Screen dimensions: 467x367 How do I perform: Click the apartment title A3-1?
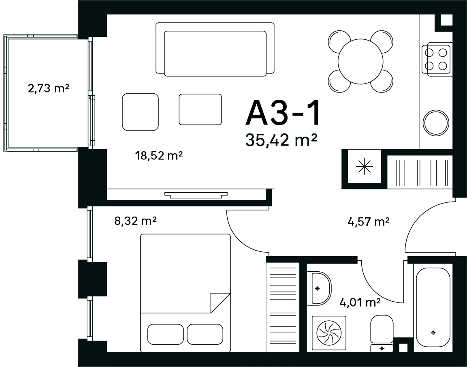282,113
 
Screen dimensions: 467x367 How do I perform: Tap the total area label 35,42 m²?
281,140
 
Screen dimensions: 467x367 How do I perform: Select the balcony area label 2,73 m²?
49,88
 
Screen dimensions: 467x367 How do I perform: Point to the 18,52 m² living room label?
158,155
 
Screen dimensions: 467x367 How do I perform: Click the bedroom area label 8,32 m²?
136,221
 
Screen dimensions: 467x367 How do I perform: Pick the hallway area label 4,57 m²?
369,222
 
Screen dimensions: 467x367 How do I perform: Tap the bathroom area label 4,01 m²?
360,303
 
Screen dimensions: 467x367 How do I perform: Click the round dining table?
360,62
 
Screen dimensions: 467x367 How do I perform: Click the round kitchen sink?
436,123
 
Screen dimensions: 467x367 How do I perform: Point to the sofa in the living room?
215,49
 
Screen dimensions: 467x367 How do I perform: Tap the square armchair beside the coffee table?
140,112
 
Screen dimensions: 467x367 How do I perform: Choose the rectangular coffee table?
200,109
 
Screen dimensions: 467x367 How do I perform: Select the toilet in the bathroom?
382,333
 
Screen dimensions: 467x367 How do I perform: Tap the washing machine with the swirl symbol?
329,333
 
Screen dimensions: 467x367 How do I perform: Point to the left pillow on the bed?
166,334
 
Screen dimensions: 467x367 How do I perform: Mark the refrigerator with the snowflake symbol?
364,166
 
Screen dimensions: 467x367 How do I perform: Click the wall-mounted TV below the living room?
196,195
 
